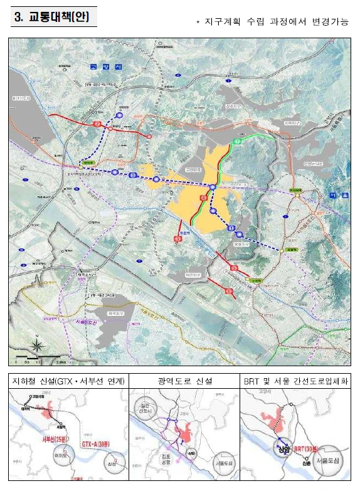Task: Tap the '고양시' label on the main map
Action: [100, 66]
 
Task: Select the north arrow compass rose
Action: [38, 344]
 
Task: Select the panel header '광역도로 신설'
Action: [183, 381]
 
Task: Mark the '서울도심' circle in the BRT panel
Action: [327, 461]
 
